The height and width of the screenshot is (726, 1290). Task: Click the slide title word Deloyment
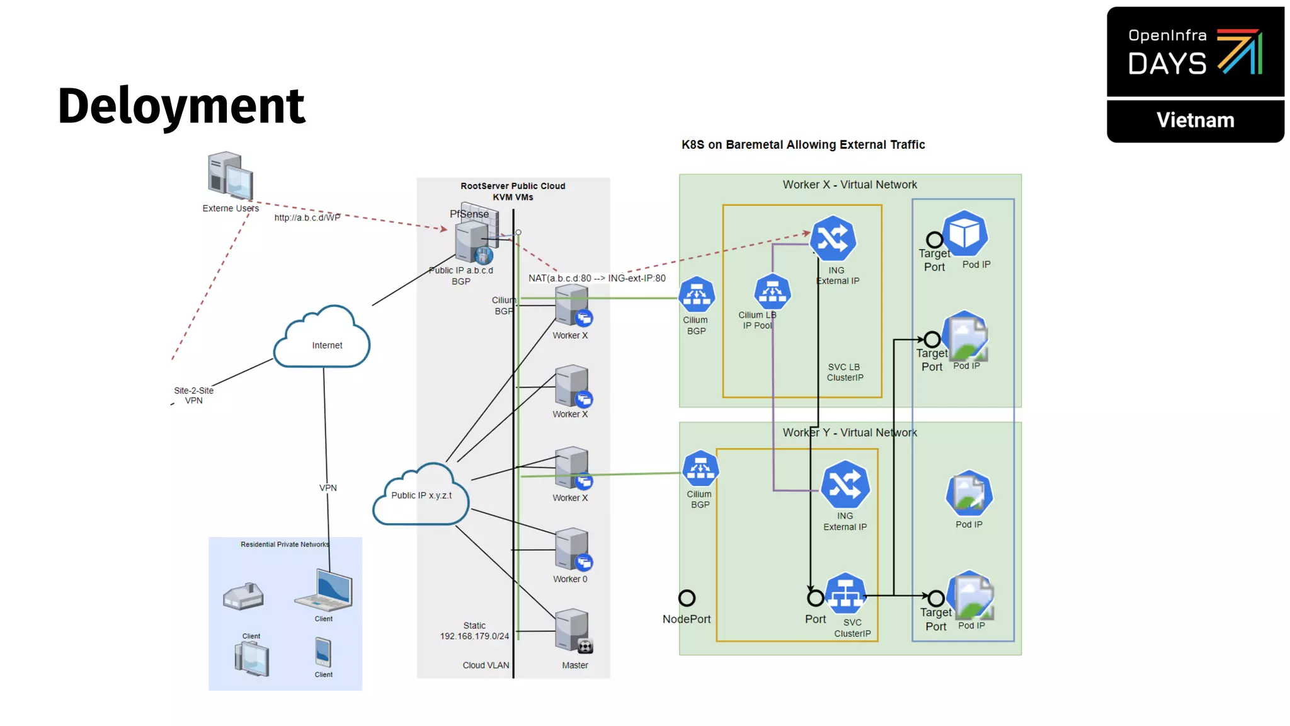[x=181, y=106]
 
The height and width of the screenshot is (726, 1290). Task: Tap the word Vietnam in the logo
[x=1195, y=120]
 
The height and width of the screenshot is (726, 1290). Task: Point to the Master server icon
[x=573, y=631]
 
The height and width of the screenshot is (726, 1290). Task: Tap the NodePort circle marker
[x=687, y=597]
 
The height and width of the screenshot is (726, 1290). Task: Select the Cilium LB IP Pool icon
[x=772, y=292]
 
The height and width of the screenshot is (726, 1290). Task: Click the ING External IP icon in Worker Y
[x=845, y=485]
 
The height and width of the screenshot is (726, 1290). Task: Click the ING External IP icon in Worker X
[x=833, y=239]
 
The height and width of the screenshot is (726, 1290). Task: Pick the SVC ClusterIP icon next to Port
[x=845, y=594]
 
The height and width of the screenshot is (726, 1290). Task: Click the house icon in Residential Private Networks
[x=243, y=596]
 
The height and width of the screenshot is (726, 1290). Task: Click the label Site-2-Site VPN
[x=193, y=395]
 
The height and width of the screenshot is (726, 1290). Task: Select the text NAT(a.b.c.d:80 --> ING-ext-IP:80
[x=596, y=278]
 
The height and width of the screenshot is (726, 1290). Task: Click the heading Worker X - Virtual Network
[x=849, y=185]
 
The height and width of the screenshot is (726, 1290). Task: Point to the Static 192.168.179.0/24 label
[x=474, y=631]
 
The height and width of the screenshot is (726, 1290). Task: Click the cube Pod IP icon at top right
[x=965, y=234]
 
